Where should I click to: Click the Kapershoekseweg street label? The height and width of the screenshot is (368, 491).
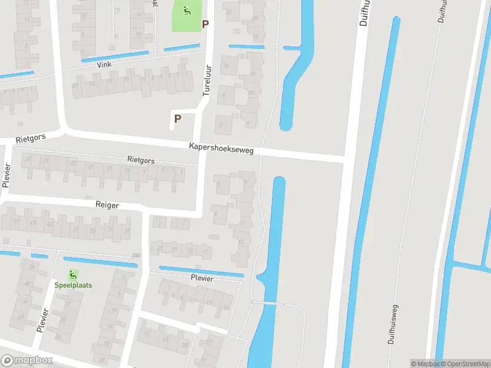tap(222, 149)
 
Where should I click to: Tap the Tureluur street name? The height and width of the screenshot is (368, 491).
tap(207, 80)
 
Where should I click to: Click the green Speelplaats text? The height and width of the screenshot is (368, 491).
tap(73, 285)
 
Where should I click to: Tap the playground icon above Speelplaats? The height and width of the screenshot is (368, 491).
tap(73, 274)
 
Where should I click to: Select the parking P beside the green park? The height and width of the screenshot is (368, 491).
tap(205, 24)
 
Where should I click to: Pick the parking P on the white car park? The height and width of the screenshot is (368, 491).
tap(178, 119)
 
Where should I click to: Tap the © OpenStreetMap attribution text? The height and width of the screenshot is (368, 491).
tap(463, 364)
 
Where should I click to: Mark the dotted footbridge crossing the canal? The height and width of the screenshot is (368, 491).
tap(268, 303)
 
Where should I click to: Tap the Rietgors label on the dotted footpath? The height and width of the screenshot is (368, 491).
tap(141, 160)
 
